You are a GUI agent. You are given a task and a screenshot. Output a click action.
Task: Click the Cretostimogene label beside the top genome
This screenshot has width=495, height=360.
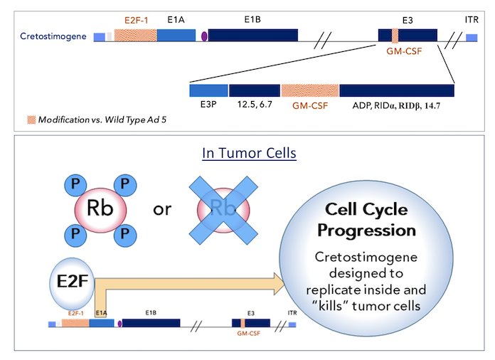53,36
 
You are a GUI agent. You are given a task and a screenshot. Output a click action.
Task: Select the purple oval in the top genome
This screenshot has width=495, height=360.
204,36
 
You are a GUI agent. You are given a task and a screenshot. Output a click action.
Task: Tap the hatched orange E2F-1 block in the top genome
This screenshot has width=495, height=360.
136,35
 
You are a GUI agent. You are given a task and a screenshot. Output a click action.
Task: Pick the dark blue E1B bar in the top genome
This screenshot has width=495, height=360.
253,35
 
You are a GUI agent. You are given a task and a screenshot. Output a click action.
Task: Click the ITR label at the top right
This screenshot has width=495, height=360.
472,20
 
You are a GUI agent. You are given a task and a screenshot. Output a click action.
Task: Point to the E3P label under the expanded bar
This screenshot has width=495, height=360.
208,105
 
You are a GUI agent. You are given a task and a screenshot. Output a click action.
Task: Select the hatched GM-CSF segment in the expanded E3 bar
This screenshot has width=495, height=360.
310,90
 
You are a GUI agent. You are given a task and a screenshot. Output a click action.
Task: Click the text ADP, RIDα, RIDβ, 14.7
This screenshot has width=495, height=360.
396,105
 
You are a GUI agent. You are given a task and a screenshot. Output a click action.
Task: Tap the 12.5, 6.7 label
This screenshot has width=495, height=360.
255,105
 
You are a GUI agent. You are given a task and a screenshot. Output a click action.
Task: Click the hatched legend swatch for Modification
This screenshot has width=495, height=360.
31,120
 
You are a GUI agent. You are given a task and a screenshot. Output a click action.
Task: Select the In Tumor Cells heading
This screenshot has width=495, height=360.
249,153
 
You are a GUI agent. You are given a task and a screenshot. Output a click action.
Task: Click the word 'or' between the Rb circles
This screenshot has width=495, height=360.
162,209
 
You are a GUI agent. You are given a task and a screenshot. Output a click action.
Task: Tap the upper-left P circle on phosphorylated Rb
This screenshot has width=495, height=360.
75,184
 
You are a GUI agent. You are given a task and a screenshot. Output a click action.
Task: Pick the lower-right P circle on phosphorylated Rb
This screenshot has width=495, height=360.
125,235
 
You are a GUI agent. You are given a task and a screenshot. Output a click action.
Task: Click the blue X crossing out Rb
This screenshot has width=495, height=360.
223,211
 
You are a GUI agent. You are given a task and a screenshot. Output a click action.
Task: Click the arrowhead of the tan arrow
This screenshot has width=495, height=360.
279,284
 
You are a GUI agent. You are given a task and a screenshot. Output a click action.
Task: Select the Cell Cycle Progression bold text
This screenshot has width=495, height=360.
366,220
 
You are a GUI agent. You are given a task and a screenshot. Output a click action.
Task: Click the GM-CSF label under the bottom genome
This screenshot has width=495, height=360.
249,334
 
